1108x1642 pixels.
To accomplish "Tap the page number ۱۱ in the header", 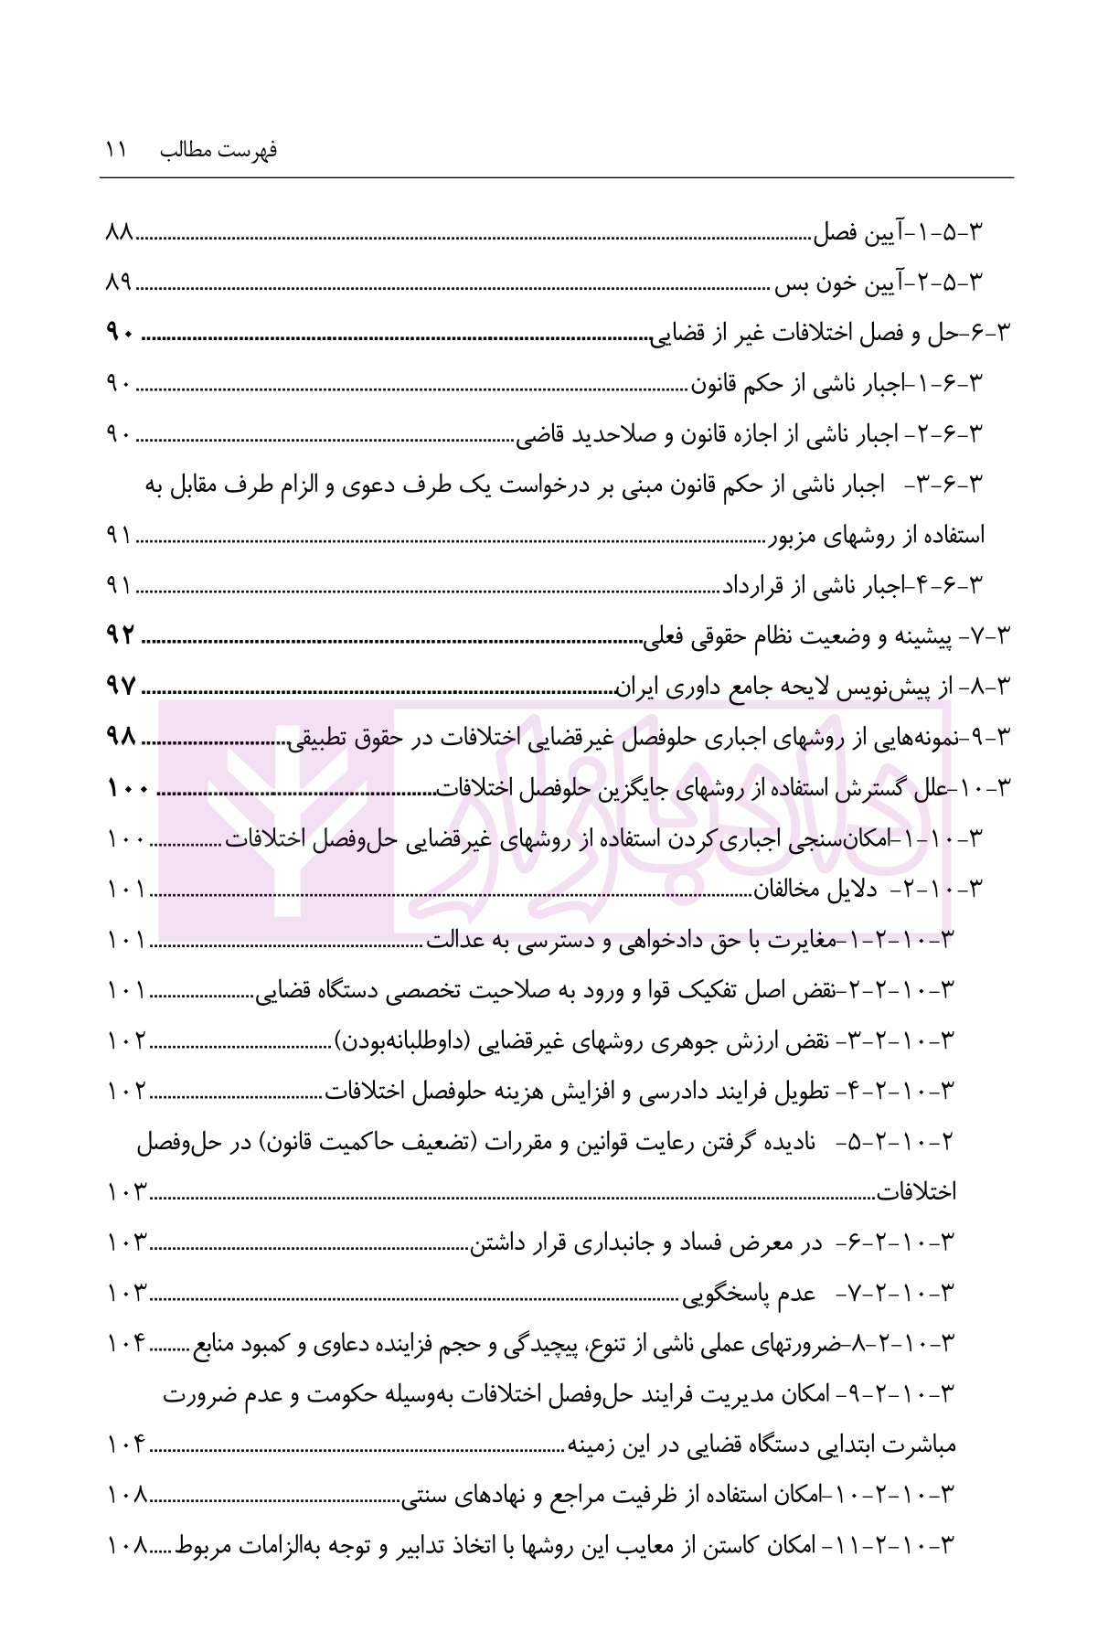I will coord(119,151).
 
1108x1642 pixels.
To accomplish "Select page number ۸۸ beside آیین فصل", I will coord(120,235).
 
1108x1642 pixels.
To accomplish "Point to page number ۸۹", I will coord(120,285).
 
